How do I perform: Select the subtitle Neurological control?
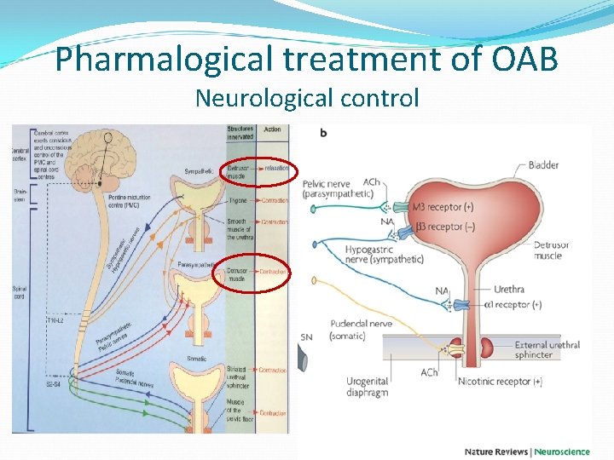click(307, 99)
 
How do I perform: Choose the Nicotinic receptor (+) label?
click(500, 382)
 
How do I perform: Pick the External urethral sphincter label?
click(547, 350)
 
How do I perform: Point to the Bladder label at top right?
click(543, 164)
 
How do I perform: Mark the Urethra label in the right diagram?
click(509, 289)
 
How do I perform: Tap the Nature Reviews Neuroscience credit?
click(527, 451)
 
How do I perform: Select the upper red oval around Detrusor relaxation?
click(258, 173)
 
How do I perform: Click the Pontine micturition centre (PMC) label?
click(130, 201)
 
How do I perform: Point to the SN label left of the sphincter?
click(307, 338)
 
